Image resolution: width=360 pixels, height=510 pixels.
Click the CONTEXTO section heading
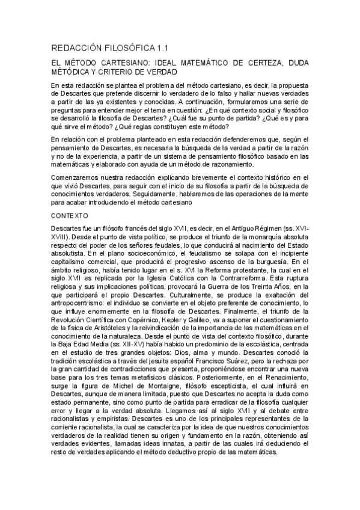[x=70, y=215]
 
